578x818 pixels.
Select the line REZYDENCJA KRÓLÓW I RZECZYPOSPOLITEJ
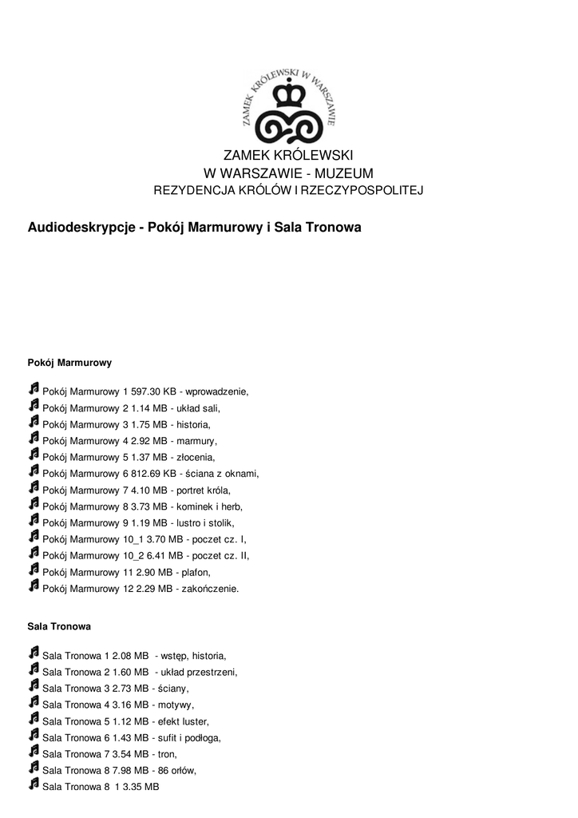tap(287, 191)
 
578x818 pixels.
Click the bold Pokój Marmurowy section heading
tap(69, 363)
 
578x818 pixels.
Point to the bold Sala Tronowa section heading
tap(59, 627)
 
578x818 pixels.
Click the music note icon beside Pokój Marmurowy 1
tap(34, 390)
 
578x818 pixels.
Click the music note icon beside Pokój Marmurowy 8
tap(34, 505)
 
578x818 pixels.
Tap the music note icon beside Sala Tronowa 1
tap(34, 653)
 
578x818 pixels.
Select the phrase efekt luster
tap(184, 721)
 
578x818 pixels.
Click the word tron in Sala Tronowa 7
tap(168, 754)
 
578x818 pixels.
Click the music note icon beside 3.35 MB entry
tap(34, 785)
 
